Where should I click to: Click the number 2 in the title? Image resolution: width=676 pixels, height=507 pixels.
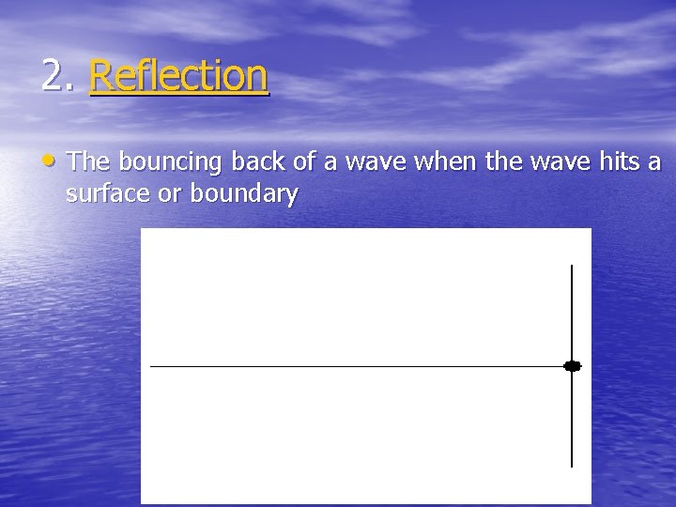pyautogui.click(x=54, y=76)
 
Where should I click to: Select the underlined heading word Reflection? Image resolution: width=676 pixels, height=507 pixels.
pyautogui.click(x=178, y=76)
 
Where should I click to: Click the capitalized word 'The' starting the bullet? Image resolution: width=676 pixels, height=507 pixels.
pyautogui.click(x=88, y=162)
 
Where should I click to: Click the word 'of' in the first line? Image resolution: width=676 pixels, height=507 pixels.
pyautogui.click(x=303, y=162)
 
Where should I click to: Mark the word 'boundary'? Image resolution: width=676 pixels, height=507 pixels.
pyautogui.click(x=244, y=195)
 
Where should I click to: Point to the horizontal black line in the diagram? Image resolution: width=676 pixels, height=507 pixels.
pyautogui.click(x=357, y=366)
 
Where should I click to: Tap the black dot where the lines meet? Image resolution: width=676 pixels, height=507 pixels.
pyautogui.click(x=572, y=366)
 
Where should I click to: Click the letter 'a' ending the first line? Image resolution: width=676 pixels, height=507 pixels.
pyautogui.click(x=654, y=163)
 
